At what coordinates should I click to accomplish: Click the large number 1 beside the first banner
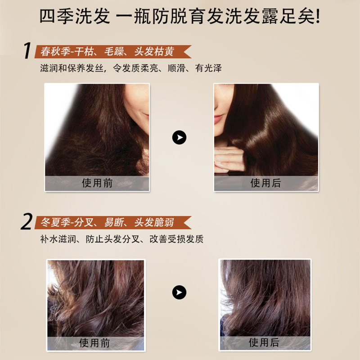click(27, 50)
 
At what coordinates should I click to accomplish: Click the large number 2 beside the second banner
click(27, 221)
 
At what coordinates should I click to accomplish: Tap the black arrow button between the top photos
click(179, 137)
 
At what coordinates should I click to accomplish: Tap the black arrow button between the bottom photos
click(179, 292)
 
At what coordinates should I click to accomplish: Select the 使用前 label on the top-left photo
click(97, 183)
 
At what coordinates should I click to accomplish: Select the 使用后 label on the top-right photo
click(265, 183)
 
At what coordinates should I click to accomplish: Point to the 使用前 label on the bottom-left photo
click(94, 343)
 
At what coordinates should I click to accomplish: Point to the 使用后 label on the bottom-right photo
click(264, 342)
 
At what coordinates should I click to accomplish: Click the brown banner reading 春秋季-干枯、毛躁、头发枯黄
click(113, 51)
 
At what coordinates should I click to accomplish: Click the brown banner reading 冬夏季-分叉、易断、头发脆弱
click(113, 222)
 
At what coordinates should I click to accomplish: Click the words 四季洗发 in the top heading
click(75, 16)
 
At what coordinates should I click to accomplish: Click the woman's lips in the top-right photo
click(218, 119)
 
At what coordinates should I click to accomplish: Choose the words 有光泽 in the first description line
click(208, 68)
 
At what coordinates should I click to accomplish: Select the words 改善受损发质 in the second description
click(176, 239)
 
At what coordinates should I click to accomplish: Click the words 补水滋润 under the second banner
click(58, 239)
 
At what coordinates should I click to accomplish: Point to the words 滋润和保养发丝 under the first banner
click(72, 68)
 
